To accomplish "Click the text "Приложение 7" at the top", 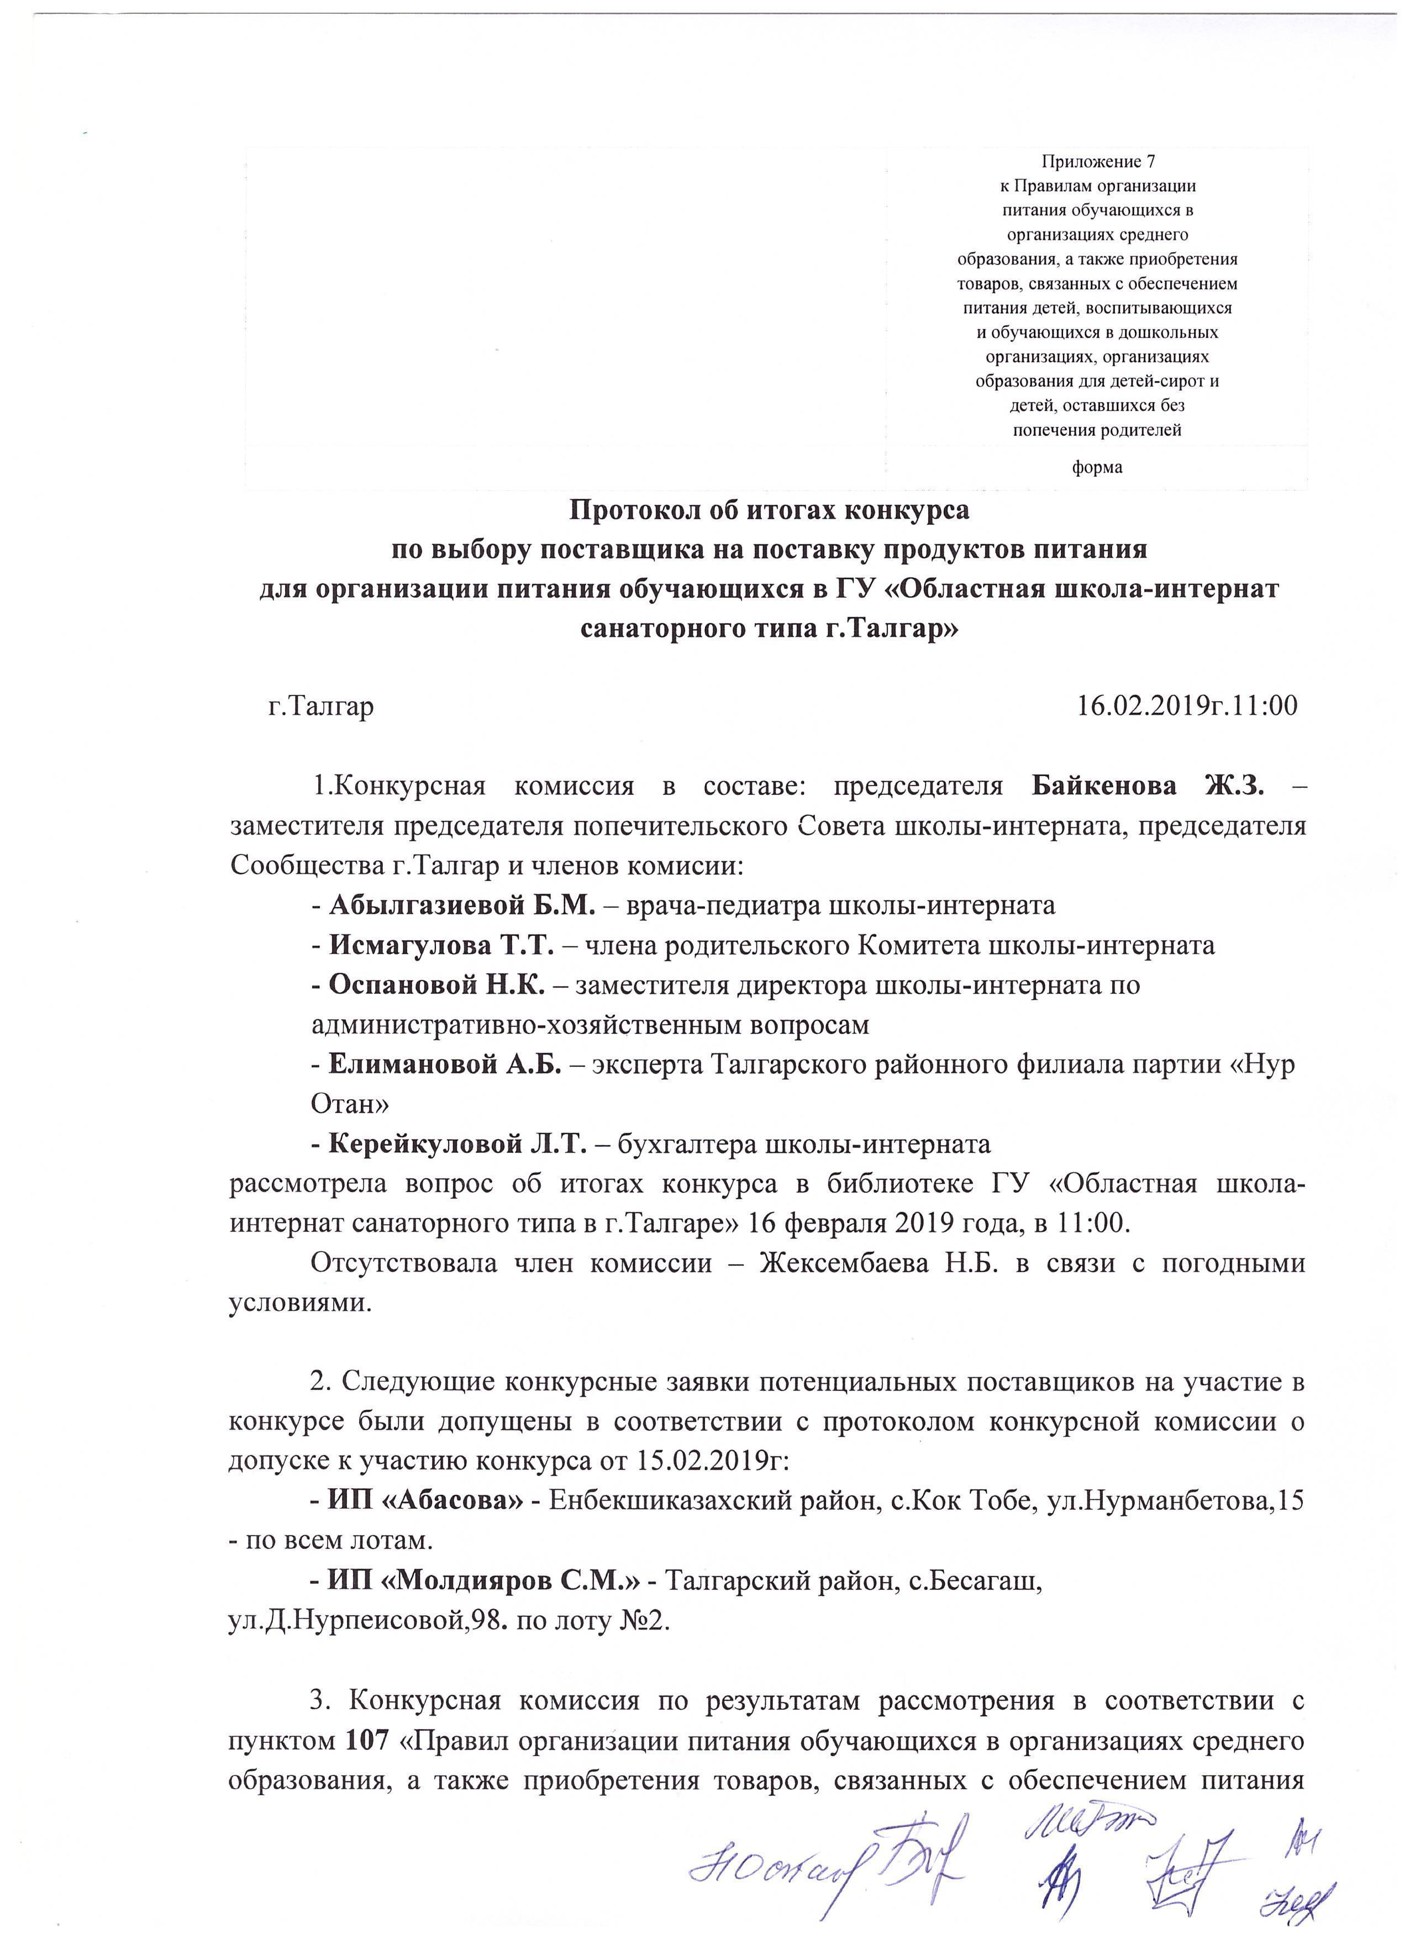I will click(x=1097, y=161).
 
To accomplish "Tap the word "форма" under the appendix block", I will click(x=1097, y=468).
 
